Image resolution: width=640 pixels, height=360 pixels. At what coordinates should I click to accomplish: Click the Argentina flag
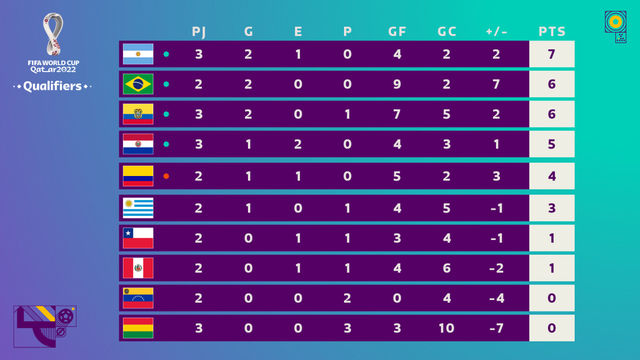(138, 54)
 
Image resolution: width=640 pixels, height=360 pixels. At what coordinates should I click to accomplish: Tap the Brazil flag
(138, 84)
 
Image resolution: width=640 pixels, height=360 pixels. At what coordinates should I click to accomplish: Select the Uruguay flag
(138, 208)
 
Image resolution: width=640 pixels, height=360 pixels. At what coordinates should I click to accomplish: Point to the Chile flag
(138, 238)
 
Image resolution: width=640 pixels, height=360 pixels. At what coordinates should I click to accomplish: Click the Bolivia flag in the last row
(138, 328)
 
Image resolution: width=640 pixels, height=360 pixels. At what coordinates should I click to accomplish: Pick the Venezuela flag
(138, 298)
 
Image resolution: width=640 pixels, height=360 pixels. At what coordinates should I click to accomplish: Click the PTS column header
(552, 32)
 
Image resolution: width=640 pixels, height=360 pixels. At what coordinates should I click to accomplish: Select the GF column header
(397, 32)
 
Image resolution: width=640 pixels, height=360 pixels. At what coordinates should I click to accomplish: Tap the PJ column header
(199, 32)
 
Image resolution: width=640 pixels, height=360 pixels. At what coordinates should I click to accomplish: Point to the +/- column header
(496, 32)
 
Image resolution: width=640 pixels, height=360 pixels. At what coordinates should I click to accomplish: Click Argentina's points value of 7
(552, 54)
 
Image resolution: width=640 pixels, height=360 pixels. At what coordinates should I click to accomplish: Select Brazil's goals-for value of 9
(397, 84)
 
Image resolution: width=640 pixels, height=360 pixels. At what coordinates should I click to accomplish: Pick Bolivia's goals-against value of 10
(446, 328)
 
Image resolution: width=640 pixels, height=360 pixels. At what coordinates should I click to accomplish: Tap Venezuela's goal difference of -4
(496, 298)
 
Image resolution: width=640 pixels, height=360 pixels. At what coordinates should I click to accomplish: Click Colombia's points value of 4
(552, 176)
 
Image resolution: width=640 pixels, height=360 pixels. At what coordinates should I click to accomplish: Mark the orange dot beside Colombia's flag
(166, 176)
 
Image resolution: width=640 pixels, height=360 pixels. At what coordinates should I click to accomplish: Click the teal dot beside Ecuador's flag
(166, 114)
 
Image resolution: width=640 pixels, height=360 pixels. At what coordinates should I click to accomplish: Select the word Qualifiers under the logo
(52, 86)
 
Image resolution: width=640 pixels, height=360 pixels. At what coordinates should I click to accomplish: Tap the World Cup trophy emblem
(53, 34)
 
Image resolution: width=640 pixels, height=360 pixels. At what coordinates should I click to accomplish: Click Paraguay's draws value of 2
(298, 144)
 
